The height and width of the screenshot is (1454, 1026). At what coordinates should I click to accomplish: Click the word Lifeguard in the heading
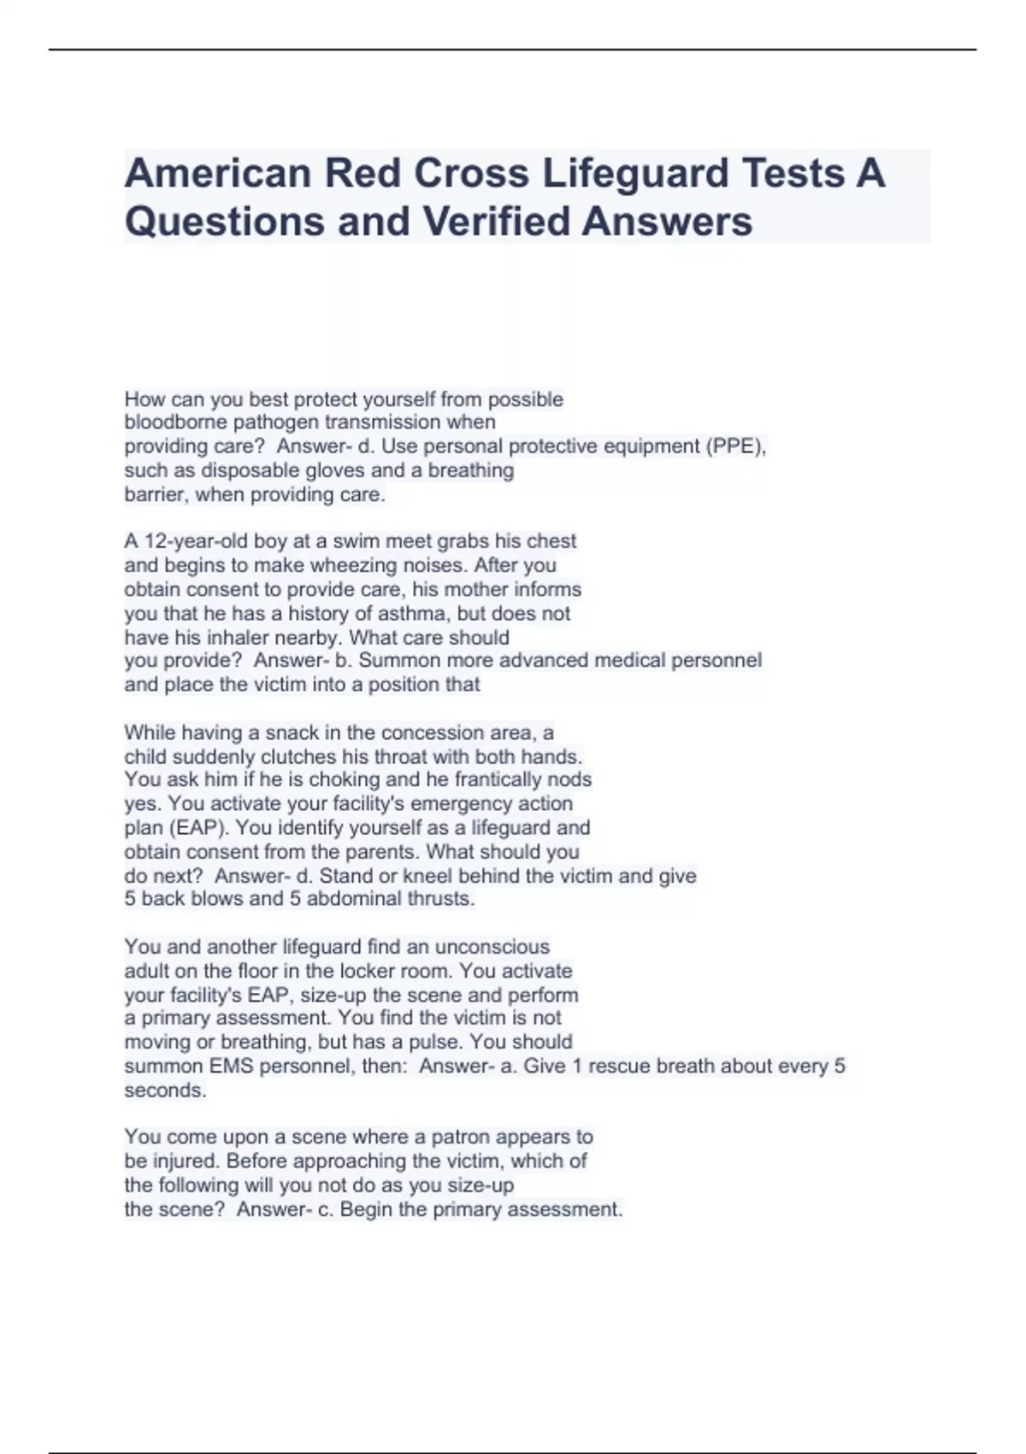tap(635, 174)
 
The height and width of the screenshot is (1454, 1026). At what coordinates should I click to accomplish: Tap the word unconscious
tap(492, 947)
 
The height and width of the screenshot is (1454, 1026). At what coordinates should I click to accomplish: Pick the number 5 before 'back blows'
tap(130, 899)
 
